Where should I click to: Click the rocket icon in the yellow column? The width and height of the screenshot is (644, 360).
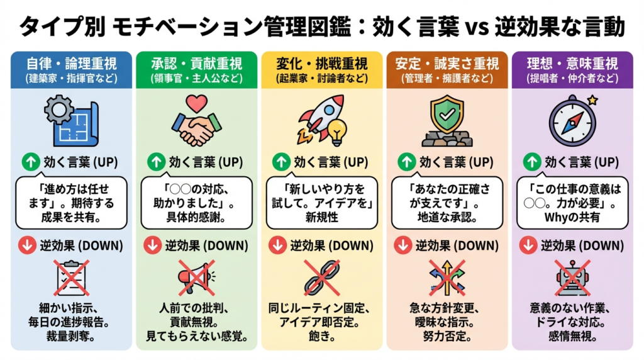[320, 118]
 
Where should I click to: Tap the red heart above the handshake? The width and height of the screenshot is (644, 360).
[196, 103]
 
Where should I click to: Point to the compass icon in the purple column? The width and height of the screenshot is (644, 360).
[572, 121]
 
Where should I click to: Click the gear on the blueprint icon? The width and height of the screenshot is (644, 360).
[59, 110]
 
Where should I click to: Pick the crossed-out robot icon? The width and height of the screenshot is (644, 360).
[572, 278]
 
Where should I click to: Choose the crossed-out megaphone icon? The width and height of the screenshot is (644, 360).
[196, 278]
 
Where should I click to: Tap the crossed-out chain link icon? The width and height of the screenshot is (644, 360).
[321, 278]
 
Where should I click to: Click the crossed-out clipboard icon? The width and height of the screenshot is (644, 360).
[72, 278]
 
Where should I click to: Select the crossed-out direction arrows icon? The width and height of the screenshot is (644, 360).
[447, 278]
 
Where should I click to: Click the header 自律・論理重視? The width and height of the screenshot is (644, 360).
[72, 64]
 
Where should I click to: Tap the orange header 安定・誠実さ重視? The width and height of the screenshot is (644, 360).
[447, 64]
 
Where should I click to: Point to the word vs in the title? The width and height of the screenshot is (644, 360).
[477, 28]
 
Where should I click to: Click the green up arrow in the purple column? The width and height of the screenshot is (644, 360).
[532, 162]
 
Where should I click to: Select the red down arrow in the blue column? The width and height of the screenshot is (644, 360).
[27, 245]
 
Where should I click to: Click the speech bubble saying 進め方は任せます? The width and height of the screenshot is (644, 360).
[72, 203]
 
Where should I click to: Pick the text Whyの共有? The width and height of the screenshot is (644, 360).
[572, 217]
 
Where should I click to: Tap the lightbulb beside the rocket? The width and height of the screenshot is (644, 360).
[337, 132]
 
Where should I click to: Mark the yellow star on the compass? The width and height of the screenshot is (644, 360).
[592, 100]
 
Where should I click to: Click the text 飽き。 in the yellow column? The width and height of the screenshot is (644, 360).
[321, 336]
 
